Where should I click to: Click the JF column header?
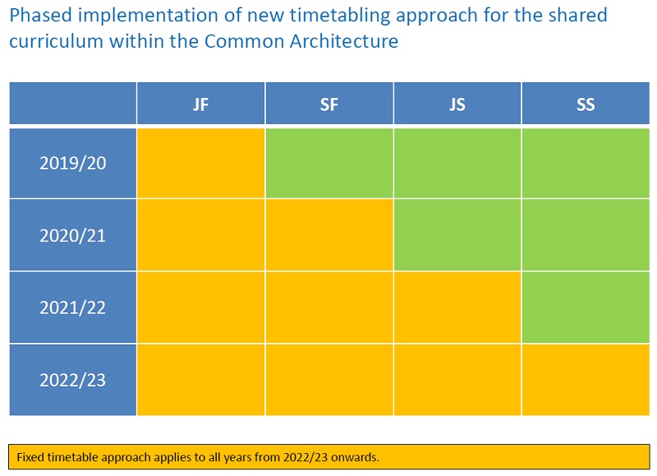coord(200,104)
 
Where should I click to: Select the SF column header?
coord(329,104)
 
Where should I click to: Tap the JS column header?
coord(457,104)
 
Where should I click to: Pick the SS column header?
coord(586,104)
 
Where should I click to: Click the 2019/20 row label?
coord(73,163)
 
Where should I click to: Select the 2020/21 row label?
coord(73,235)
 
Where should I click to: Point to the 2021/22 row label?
coord(73,307)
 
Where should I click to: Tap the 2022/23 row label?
coord(73,380)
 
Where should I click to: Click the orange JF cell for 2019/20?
coord(200,163)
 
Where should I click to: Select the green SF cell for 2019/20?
coord(329,163)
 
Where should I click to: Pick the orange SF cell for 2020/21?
coord(329,235)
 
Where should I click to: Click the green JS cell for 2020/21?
coord(457,235)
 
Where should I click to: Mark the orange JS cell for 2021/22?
coord(457,307)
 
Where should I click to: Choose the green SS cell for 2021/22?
coord(586,307)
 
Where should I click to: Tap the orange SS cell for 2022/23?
coord(586,380)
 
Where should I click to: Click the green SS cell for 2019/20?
coord(586,163)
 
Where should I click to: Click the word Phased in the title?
coord(40,16)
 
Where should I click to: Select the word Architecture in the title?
coord(343,41)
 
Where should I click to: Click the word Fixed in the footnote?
coord(30,457)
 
